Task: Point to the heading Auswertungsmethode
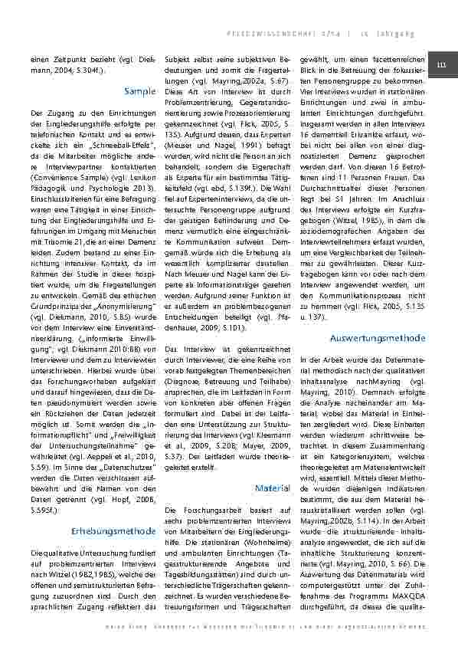pyautogui.click(x=378, y=337)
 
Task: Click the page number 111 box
pyautogui.click(x=440, y=64)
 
